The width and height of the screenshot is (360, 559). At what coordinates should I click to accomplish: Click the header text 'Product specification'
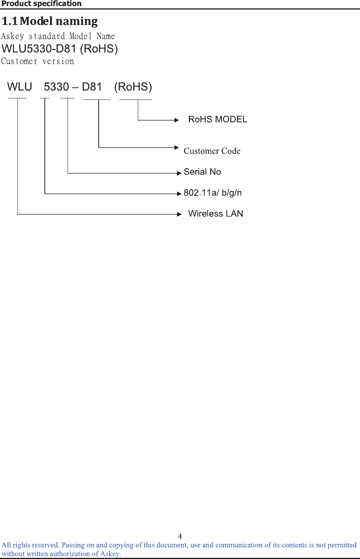pyautogui.click(x=41, y=4)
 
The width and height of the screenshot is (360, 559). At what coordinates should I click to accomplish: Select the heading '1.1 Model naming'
pyautogui.click(x=50, y=21)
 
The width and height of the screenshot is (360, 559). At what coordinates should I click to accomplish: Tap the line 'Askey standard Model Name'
pyautogui.click(x=58, y=36)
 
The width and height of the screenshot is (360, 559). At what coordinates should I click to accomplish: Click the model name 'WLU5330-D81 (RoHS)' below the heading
pyautogui.click(x=60, y=49)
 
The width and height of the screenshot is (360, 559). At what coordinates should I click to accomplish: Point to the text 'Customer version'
pyautogui.click(x=38, y=62)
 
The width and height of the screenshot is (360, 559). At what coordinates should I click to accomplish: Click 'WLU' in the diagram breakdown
pyautogui.click(x=19, y=87)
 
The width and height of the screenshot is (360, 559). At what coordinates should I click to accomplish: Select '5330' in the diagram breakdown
pyautogui.click(x=56, y=87)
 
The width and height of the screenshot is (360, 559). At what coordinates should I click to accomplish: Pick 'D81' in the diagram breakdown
pyautogui.click(x=92, y=87)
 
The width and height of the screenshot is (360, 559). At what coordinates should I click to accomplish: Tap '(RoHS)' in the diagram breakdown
pyautogui.click(x=133, y=87)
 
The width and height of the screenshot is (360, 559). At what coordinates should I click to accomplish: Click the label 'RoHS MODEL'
pyautogui.click(x=218, y=120)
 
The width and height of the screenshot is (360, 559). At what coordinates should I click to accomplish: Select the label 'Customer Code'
pyautogui.click(x=212, y=151)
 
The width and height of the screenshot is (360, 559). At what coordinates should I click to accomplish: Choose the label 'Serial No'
pyautogui.click(x=202, y=172)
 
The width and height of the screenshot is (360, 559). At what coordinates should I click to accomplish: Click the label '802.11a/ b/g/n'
pyautogui.click(x=213, y=193)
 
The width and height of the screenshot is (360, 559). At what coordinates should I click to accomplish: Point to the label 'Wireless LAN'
pyautogui.click(x=216, y=214)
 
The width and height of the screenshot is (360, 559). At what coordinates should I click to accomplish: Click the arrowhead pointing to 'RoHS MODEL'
pyautogui.click(x=177, y=120)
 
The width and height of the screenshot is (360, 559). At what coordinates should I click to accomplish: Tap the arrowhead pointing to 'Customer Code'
pyautogui.click(x=177, y=147)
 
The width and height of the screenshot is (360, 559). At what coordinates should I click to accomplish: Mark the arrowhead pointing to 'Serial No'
pyautogui.click(x=179, y=173)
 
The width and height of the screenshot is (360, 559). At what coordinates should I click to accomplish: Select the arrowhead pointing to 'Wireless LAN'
pyautogui.click(x=179, y=214)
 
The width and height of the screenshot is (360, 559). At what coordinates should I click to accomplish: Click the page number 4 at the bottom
pyautogui.click(x=180, y=536)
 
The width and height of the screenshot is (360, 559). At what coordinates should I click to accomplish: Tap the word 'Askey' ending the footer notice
pyautogui.click(x=110, y=554)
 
